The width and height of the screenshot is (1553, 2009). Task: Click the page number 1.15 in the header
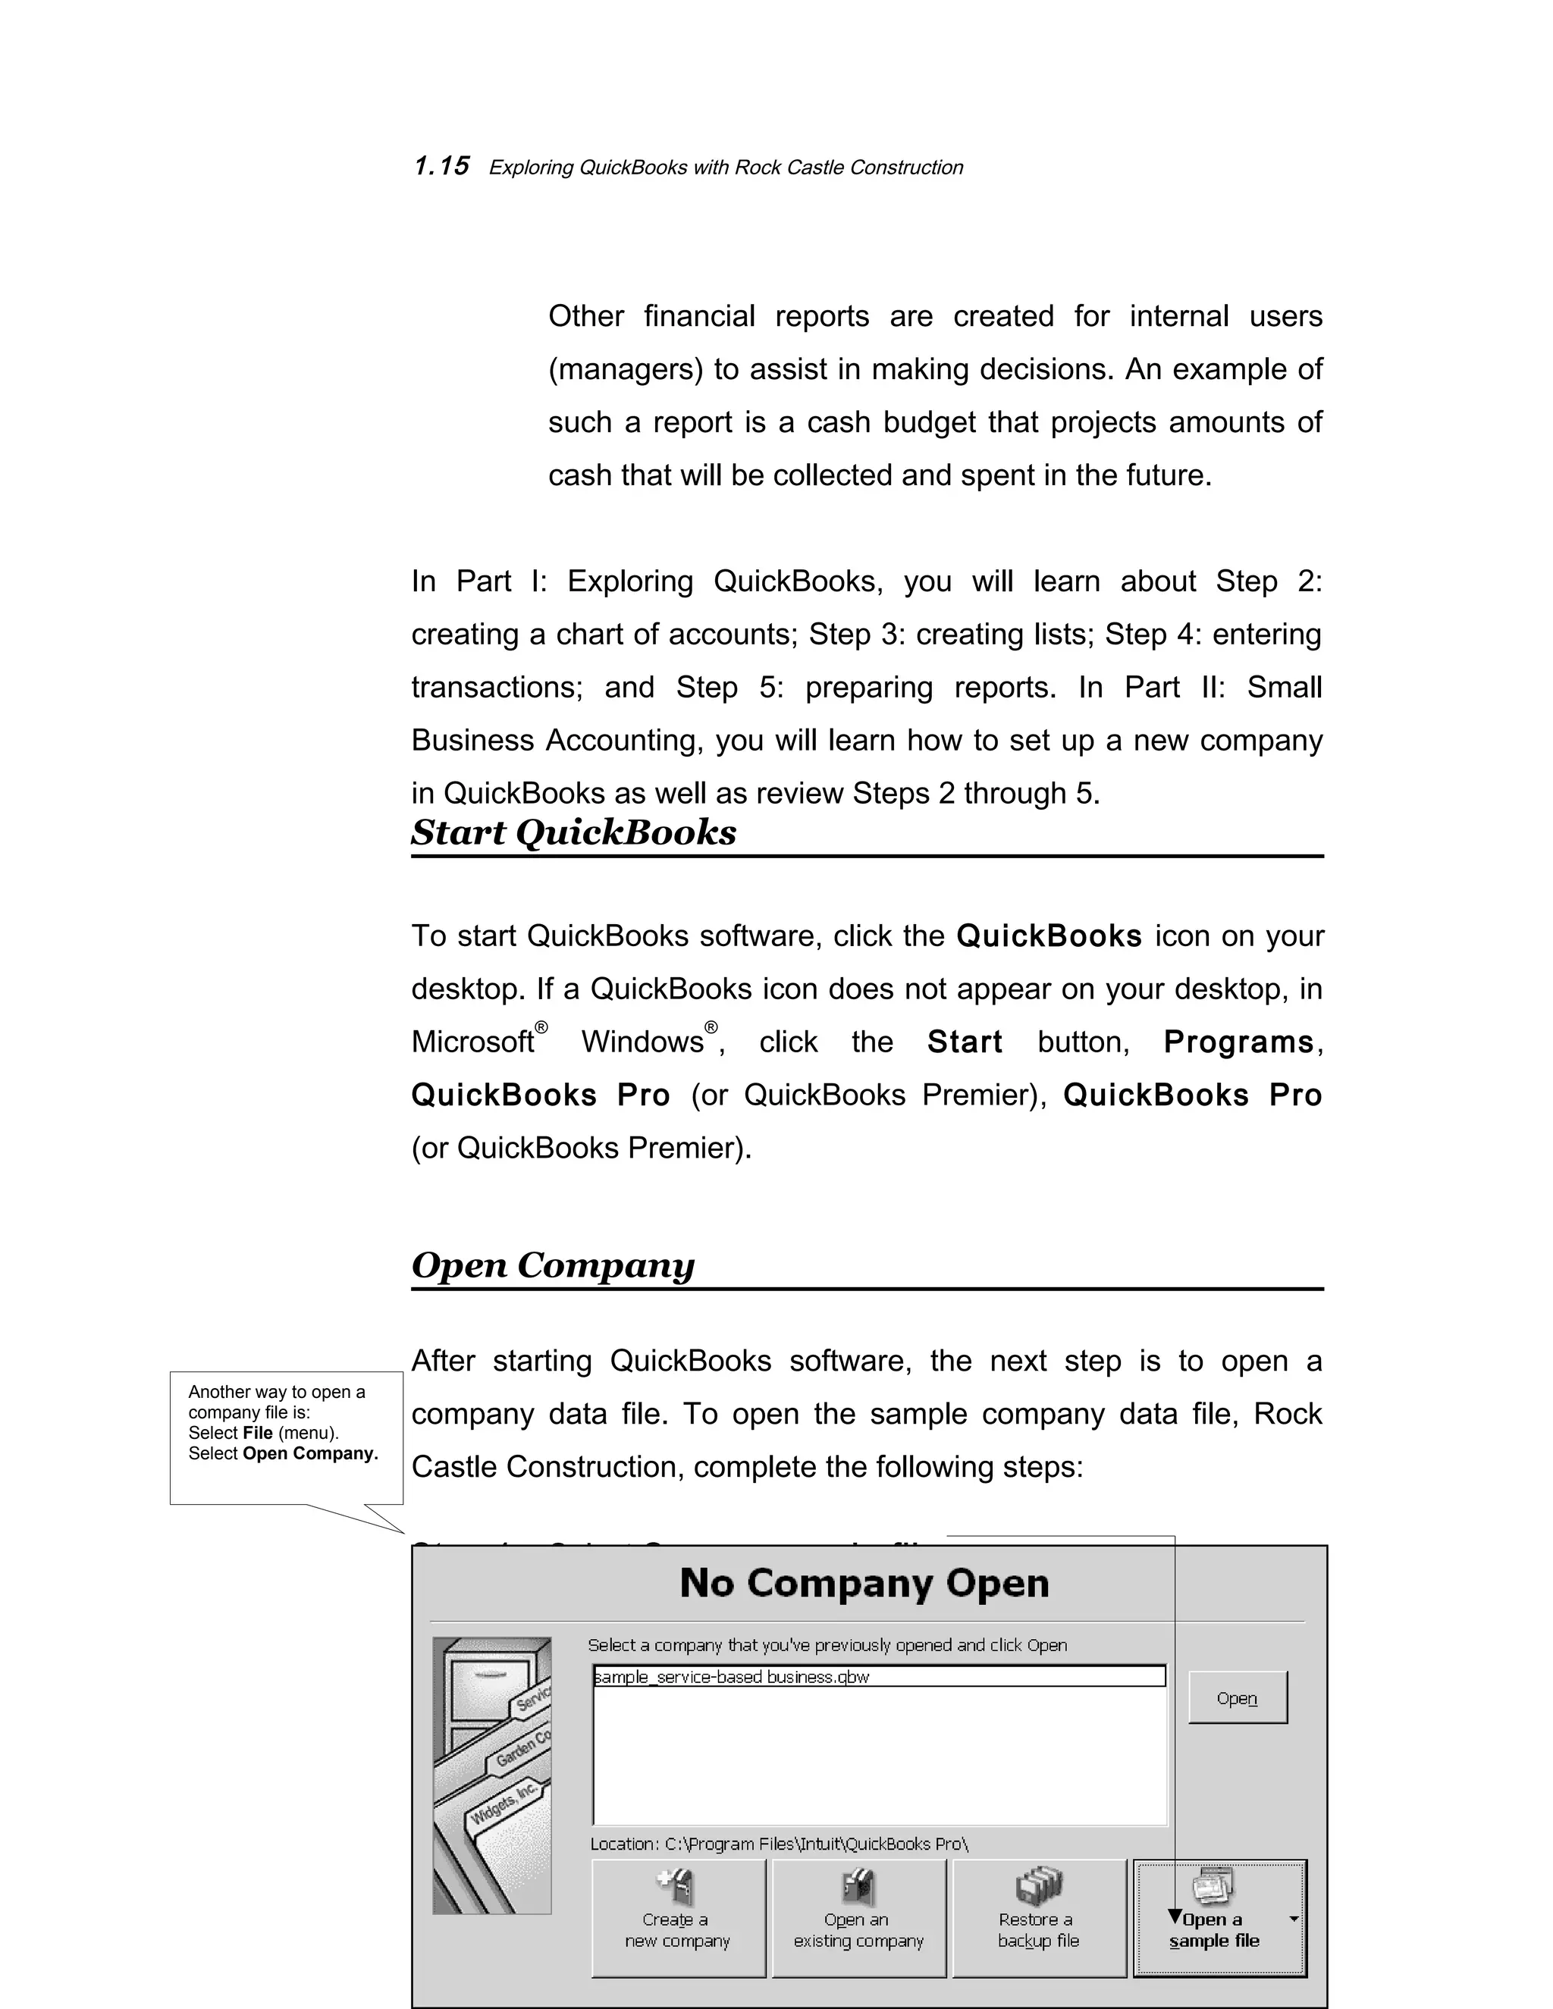441,167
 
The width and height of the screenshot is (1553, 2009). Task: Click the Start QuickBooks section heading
573,832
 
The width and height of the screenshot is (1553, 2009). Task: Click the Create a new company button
678,1918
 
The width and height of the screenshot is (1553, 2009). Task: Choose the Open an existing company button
858,1918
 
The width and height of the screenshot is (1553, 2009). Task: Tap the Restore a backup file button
1039,1918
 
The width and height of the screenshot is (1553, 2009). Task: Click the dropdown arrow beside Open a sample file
1294,1919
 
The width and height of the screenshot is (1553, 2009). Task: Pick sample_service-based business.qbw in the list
733,1677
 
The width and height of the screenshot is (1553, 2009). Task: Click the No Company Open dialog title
864,1583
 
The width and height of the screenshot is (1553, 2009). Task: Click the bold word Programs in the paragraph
1238,1042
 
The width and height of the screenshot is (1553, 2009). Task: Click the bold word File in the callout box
258,1433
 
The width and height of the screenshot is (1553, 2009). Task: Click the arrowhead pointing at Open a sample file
1175,1916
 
